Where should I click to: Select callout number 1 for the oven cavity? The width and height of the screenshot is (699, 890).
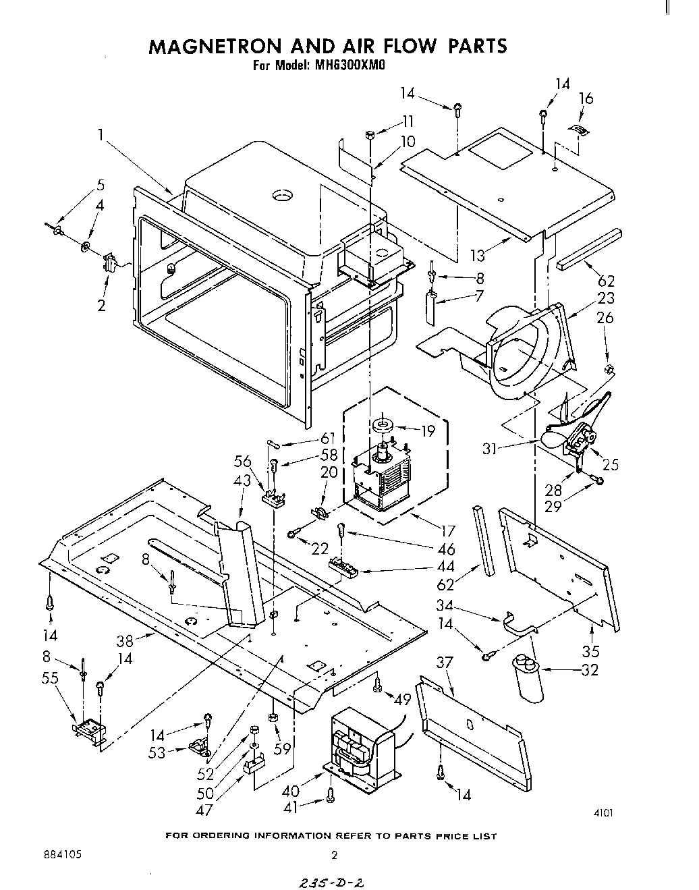click(x=100, y=135)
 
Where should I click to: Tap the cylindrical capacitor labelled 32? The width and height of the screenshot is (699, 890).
click(x=528, y=682)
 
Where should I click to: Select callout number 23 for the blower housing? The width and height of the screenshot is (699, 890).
click(x=605, y=298)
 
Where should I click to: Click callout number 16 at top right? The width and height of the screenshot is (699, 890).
click(x=586, y=99)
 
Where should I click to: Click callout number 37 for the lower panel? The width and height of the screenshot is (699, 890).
click(x=444, y=664)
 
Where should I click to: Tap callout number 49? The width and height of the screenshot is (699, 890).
click(x=403, y=700)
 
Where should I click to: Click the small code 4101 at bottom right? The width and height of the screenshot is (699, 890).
click(x=603, y=813)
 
